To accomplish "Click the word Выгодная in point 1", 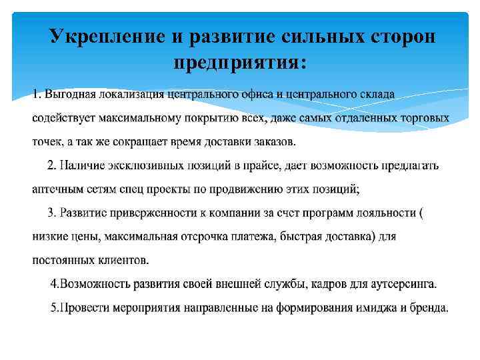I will click(x=69, y=94).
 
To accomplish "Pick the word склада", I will click(x=377, y=94).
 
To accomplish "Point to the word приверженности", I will click(x=153, y=213).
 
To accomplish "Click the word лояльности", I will click(x=389, y=213).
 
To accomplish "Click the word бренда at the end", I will click(x=430, y=308).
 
